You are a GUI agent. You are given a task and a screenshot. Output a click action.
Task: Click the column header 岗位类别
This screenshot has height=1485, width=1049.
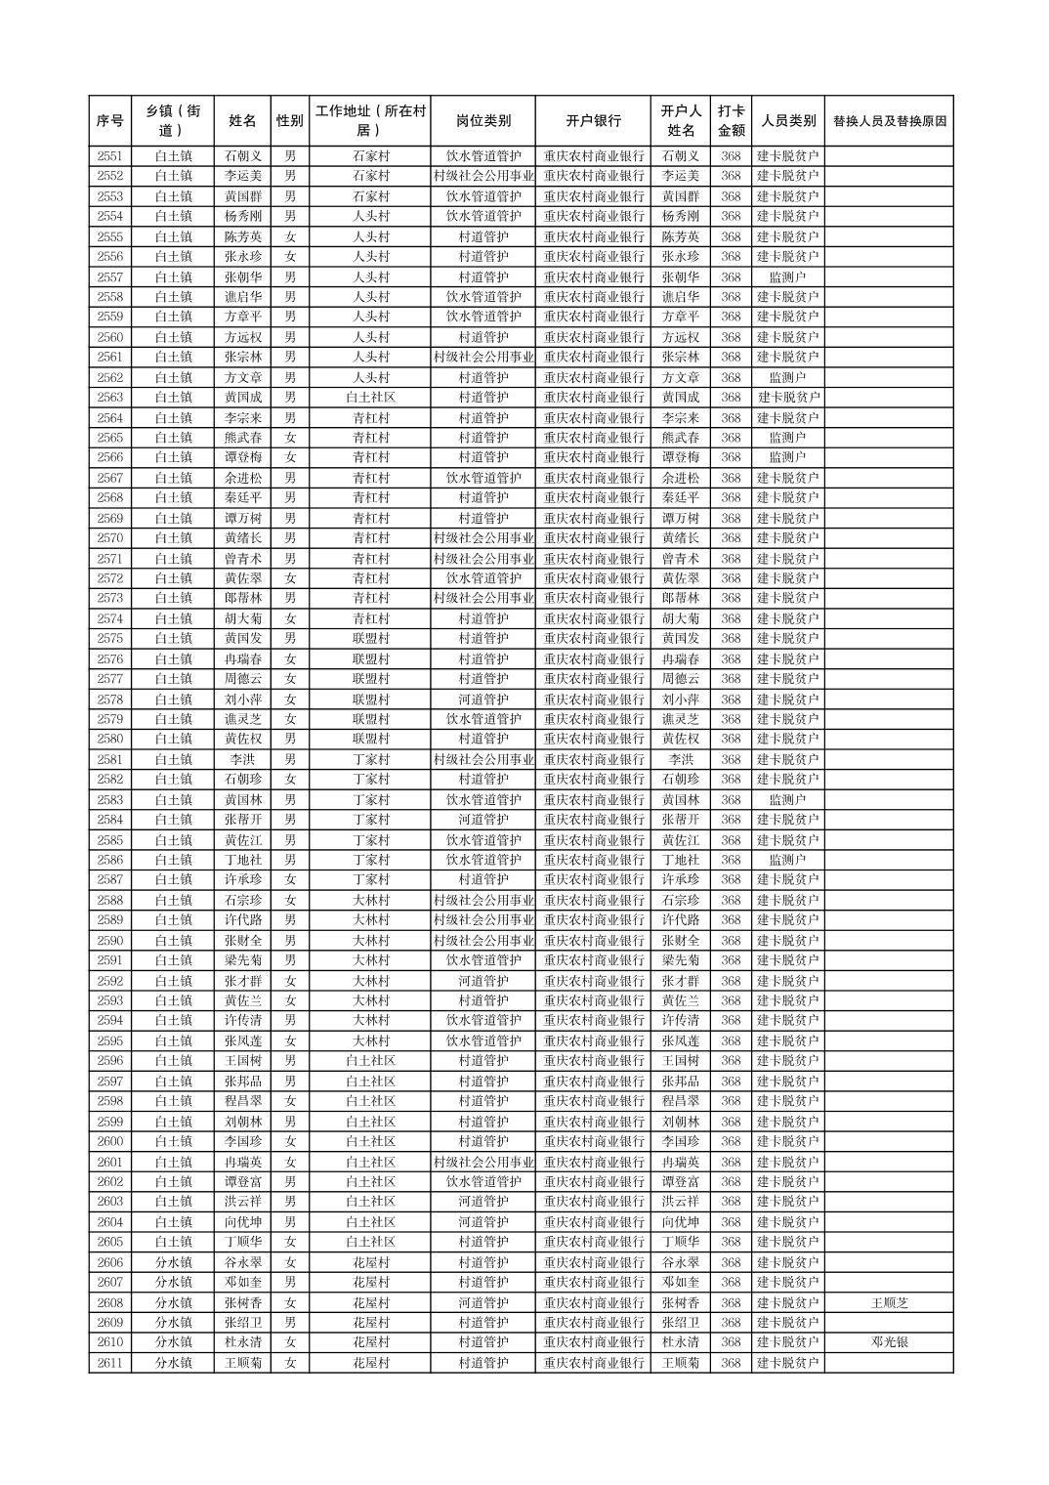tap(483, 121)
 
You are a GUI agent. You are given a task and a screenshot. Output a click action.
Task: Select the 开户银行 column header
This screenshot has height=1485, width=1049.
tap(593, 121)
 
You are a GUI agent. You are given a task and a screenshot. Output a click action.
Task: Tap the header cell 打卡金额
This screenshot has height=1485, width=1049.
tap(731, 121)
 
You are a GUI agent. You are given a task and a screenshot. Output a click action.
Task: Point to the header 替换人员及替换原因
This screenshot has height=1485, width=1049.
tap(888, 121)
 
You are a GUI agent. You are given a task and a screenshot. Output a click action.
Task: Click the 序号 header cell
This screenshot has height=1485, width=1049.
tap(110, 121)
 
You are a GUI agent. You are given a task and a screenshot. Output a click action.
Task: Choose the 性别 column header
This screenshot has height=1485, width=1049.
tap(289, 121)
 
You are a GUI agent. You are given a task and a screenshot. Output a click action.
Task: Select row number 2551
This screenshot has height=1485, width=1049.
tap(110, 156)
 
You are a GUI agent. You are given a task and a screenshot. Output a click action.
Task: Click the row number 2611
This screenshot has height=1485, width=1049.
tap(110, 1363)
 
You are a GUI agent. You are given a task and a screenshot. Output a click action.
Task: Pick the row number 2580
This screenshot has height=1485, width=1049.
tap(110, 739)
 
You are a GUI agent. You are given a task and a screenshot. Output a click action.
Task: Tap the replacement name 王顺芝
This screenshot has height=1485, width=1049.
tap(889, 1302)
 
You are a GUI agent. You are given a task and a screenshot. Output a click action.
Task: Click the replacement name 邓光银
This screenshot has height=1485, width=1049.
tap(889, 1342)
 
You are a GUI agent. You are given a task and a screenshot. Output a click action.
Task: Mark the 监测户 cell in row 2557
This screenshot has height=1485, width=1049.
tap(787, 276)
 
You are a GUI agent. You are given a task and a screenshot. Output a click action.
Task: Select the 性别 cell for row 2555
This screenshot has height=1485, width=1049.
tap(289, 236)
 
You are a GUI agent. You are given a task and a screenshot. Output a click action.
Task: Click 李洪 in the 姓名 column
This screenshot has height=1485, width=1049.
tap(242, 759)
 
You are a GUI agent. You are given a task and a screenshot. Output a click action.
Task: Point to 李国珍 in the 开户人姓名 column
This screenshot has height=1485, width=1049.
tap(681, 1141)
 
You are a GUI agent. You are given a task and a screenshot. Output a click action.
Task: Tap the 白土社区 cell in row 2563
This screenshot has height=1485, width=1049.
tap(370, 398)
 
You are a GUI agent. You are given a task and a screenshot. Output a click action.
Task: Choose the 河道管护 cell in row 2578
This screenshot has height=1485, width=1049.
tap(483, 700)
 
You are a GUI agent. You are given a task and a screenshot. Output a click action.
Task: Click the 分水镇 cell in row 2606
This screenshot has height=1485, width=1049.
tap(174, 1262)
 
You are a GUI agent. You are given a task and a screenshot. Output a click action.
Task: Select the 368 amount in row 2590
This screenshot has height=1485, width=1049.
tap(731, 940)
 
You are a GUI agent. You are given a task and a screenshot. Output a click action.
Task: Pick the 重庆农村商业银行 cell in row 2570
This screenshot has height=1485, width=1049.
tap(593, 538)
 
